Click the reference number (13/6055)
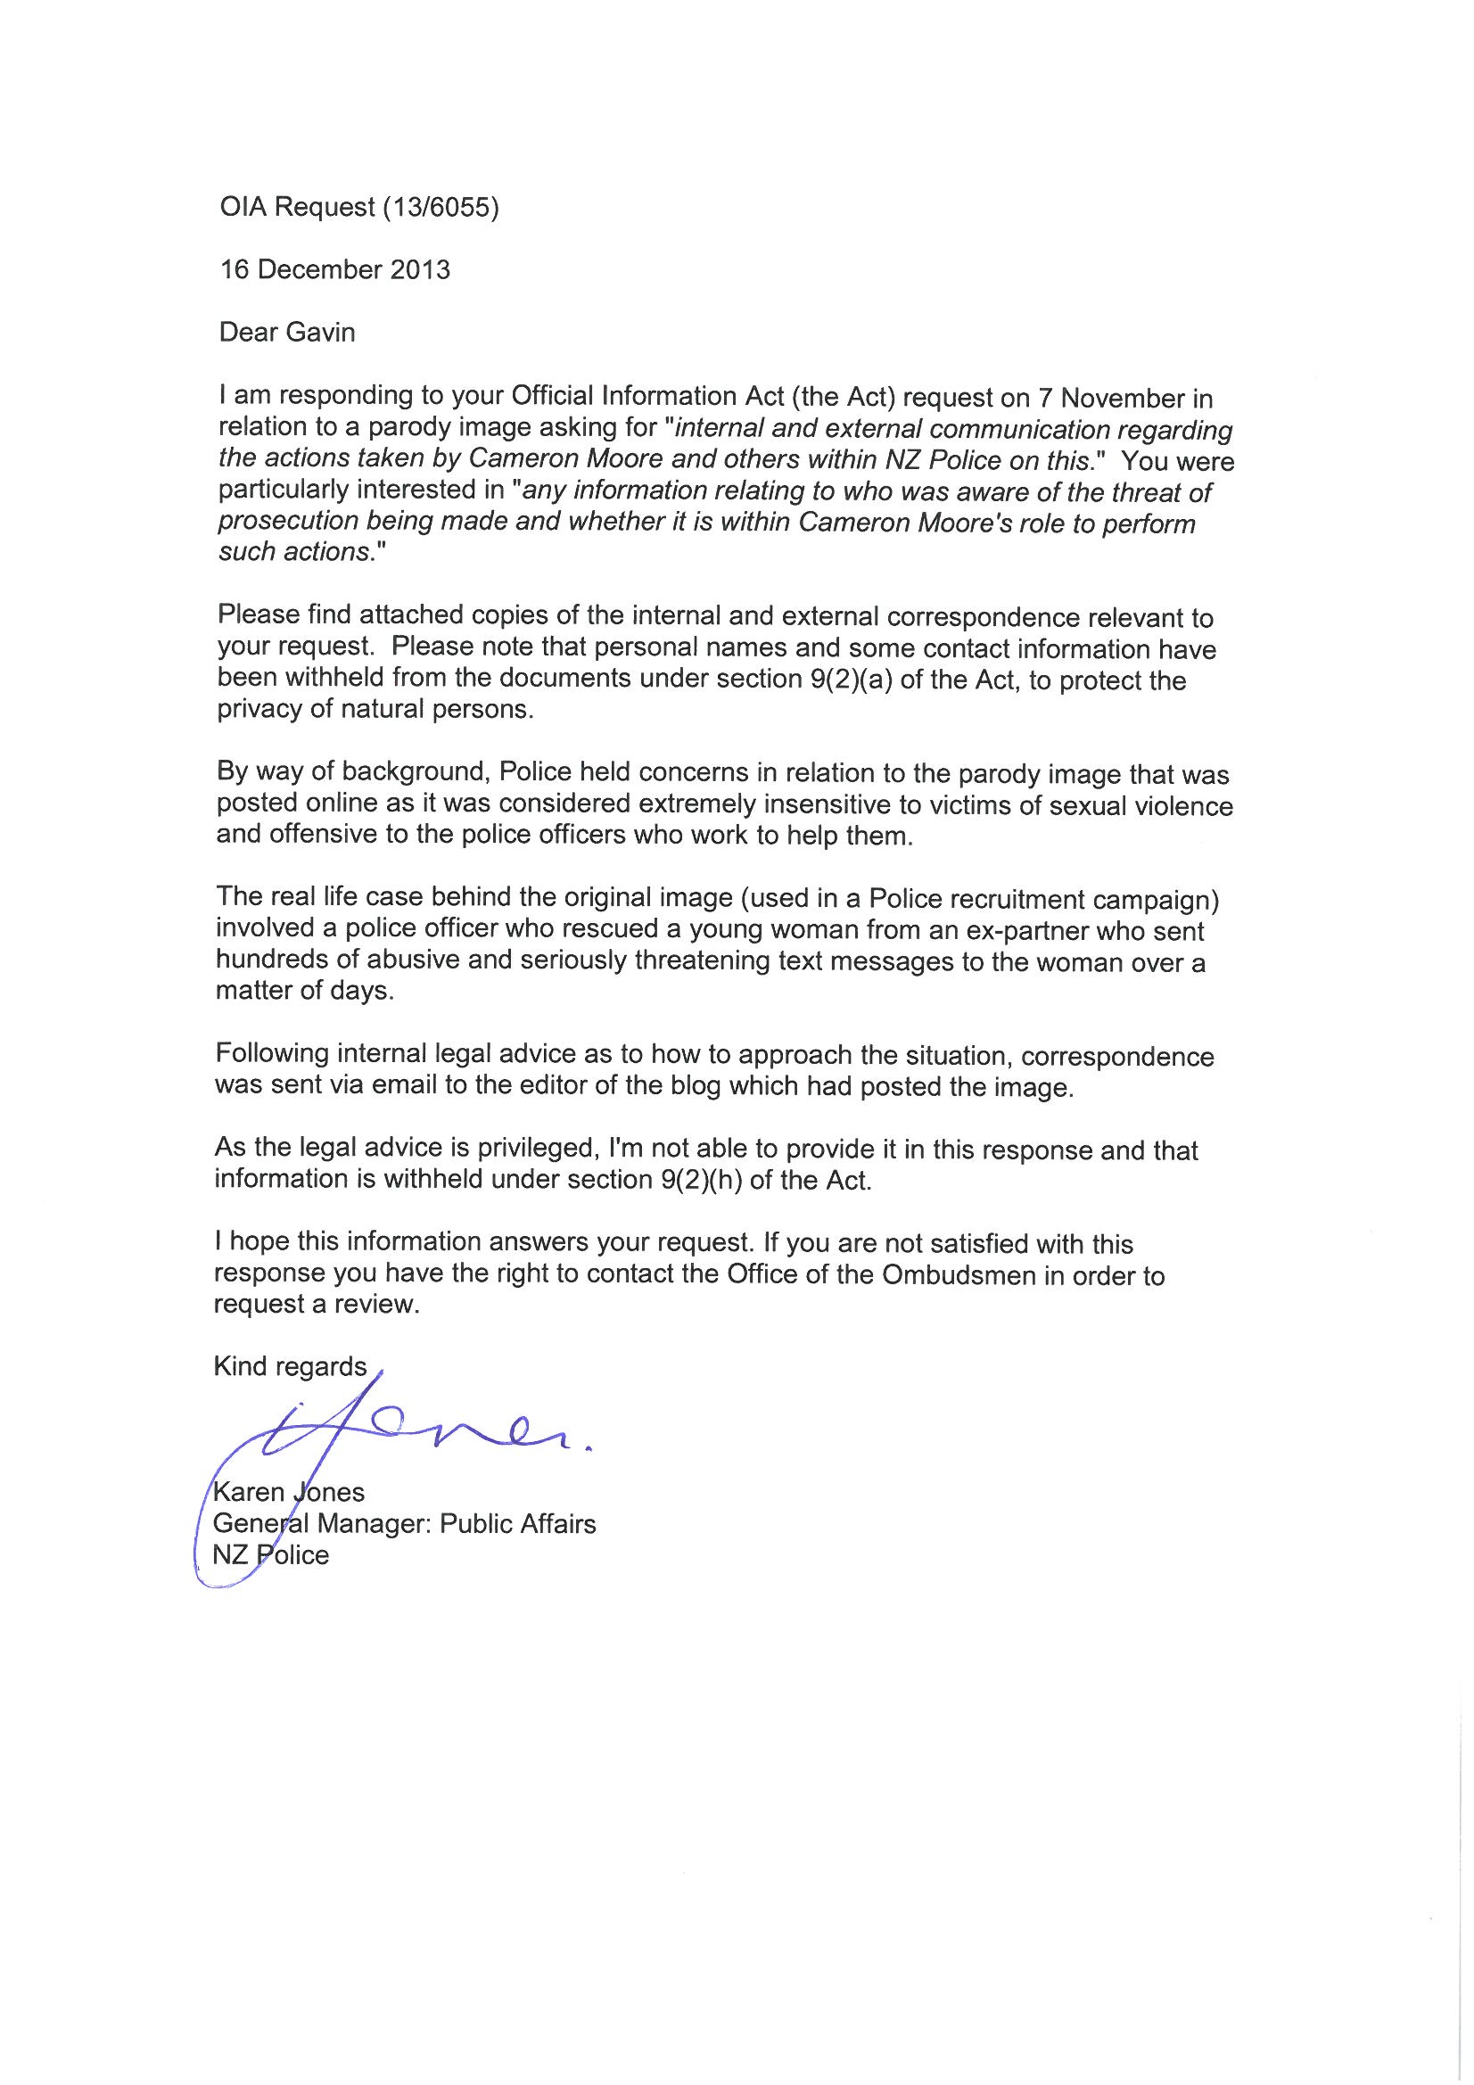[441, 208]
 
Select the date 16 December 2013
[334, 269]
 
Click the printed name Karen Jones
[289, 1492]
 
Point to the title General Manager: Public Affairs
[404, 1523]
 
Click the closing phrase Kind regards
[290, 1367]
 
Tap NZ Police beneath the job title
[271, 1554]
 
